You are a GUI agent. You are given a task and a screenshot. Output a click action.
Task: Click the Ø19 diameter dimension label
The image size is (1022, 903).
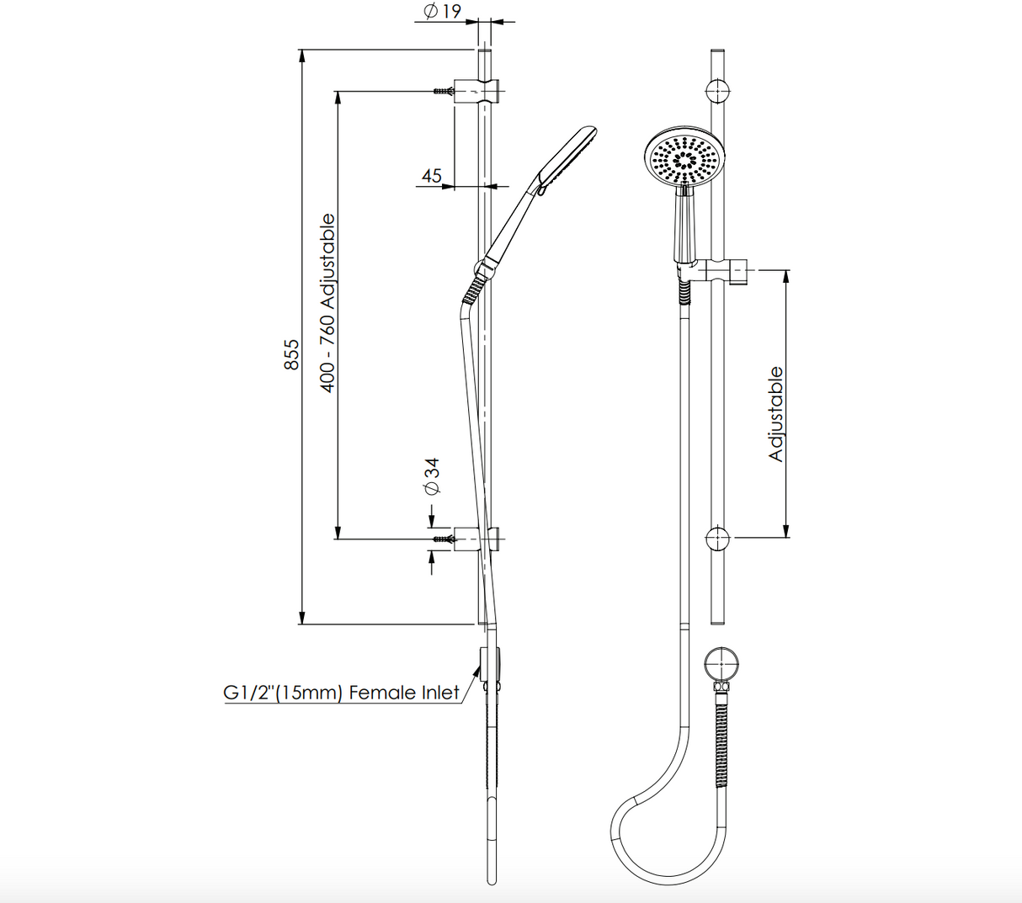[x=443, y=12]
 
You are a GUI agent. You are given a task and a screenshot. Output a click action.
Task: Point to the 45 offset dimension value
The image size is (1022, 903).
[x=432, y=176]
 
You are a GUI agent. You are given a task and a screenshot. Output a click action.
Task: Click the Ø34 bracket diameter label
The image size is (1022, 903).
[x=433, y=477]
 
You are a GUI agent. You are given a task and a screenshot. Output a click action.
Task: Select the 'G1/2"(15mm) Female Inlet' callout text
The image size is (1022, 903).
[x=342, y=693]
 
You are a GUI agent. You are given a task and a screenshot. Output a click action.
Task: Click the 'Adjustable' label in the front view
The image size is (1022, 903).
[x=776, y=413]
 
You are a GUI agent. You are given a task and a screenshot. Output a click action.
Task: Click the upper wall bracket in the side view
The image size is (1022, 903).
[x=477, y=90]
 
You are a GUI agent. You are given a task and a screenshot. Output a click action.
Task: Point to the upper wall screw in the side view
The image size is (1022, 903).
[x=443, y=90]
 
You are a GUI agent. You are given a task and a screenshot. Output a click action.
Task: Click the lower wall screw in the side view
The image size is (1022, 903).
[x=443, y=539]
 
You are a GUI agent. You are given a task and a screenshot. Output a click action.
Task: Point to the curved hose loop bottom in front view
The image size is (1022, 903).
[x=640, y=850]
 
